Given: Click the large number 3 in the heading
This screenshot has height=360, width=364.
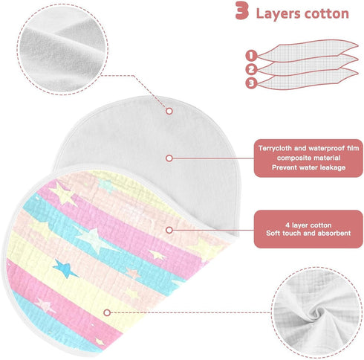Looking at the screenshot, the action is click(x=241, y=10).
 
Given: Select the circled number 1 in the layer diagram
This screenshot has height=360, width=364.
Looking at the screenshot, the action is click(x=251, y=55).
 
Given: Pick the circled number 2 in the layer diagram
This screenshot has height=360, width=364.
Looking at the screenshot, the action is click(x=251, y=69).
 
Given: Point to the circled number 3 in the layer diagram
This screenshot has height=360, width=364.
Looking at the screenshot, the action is click(x=251, y=83).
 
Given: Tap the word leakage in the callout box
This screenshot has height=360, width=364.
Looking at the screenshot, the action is click(x=333, y=167).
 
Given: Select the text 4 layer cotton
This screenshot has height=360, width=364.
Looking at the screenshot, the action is click(x=308, y=225).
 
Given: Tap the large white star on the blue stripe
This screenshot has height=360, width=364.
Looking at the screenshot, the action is click(x=94, y=240).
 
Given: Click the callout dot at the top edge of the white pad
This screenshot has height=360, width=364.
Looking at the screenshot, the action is click(x=169, y=111).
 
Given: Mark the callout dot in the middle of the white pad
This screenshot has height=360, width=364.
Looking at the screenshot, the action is click(x=169, y=158).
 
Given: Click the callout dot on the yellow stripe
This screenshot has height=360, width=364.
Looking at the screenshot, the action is click(x=107, y=312).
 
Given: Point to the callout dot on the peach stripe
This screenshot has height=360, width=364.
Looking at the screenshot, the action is click(x=169, y=230).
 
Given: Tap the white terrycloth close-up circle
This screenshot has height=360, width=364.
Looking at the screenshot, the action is click(x=62, y=49).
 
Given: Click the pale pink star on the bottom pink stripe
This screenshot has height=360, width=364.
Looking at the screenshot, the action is click(x=45, y=305).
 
